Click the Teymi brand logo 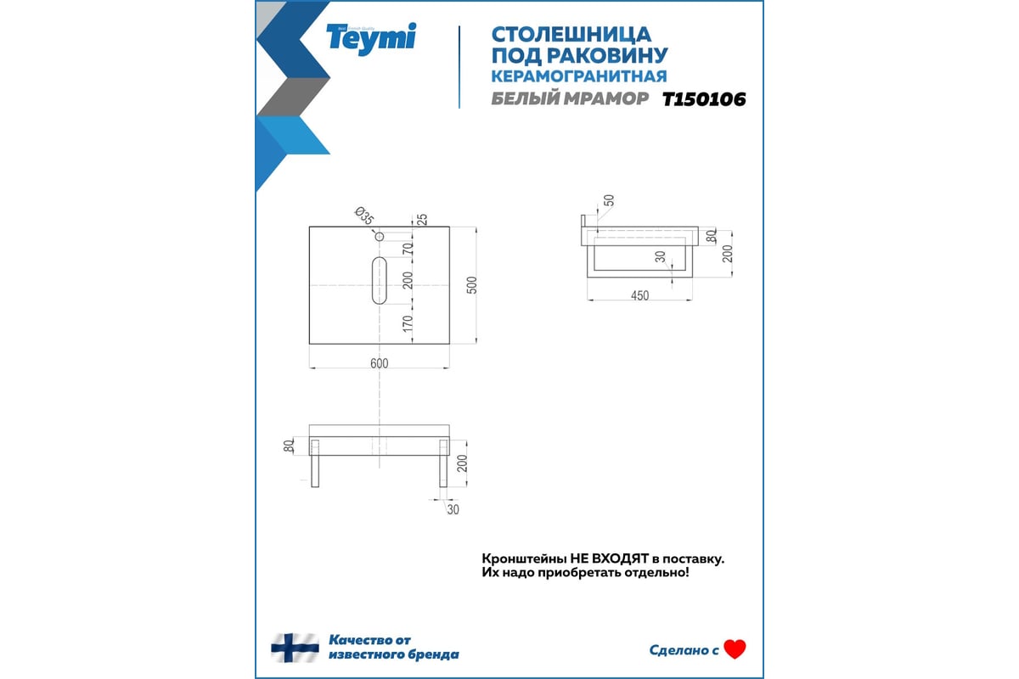coord(371,38)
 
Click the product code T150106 coord(704,99)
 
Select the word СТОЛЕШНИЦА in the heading coord(571,35)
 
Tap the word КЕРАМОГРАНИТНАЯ coord(578,76)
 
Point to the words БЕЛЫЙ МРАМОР coord(570,98)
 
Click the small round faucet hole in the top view coord(380,237)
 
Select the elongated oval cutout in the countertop coord(380,281)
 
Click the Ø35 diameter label coord(364,216)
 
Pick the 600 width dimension coord(380,363)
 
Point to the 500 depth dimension coord(472,285)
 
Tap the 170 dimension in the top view coord(408,323)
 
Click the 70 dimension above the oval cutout coord(408,249)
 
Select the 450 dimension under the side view coord(639,295)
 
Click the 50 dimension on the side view coord(609,200)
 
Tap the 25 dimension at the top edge coord(422,219)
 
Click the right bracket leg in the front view coord(443,463)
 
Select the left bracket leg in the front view coord(315,463)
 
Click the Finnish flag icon coord(295,648)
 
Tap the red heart coord(735,649)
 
